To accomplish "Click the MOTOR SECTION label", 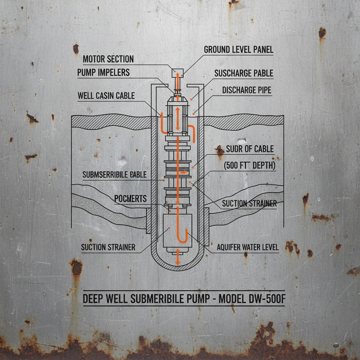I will [108, 59].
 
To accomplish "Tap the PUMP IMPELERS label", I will [103, 73].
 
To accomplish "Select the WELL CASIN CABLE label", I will [106, 95].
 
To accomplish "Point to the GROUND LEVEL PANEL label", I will [238, 50].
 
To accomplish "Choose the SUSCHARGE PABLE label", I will [243, 73].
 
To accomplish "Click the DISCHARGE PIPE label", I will [246, 90].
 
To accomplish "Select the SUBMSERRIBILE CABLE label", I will [114, 175].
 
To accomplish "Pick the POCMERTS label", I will [130, 199].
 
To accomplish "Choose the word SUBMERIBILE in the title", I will [151, 299].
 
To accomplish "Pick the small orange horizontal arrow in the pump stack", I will [183, 173].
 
